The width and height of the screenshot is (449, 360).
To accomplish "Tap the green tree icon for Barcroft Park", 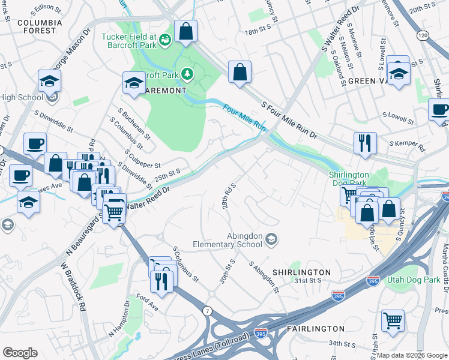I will coord(188,73).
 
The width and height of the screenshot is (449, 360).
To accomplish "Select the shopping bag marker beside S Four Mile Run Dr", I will coord(240,73).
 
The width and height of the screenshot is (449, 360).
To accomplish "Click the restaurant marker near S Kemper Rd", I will coord(365,144).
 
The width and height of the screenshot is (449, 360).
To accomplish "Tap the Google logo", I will coord(20,353).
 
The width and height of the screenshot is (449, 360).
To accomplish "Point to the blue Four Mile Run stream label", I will coord(244,118).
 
